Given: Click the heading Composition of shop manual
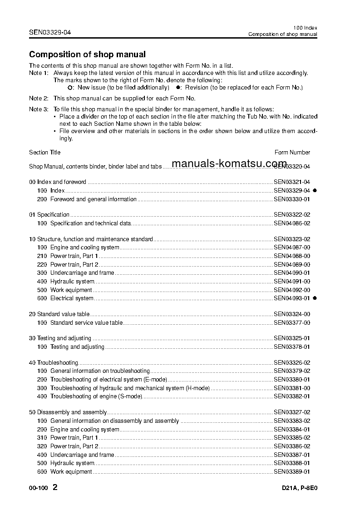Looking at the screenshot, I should (x=87, y=54).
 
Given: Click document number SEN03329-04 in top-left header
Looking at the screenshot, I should (x=50, y=32).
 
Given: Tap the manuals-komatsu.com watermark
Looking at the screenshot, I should (x=230, y=164).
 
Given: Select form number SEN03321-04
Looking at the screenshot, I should (x=292, y=182).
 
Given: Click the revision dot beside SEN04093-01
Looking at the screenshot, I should (x=315, y=298).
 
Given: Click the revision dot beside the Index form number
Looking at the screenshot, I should (x=315, y=191).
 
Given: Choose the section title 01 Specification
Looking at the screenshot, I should (x=49, y=215).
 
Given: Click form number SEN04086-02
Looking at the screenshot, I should (x=292, y=223).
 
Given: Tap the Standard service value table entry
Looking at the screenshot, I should (x=86, y=323).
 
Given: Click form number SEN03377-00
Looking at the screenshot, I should (x=292, y=323).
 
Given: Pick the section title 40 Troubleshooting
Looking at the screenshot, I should (x=54, y=363).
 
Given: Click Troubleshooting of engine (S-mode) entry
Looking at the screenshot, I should (x=96, y=396).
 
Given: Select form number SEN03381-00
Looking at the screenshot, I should (x=292, y=388).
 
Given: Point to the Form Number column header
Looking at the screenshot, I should (x=292, y=153).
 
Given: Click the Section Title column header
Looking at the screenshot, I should (x=44, y=153).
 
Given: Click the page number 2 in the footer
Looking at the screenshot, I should (x=55, y=488).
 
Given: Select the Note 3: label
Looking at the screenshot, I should (x=39, y=109).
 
